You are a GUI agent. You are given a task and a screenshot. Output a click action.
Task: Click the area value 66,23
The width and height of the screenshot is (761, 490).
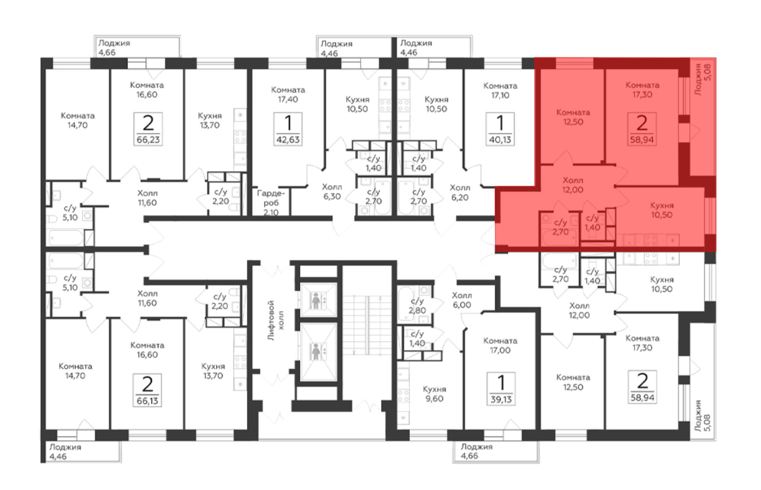[x=148, y=140]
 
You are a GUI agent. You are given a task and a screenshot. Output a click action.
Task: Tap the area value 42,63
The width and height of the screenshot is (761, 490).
[x=288, y=140]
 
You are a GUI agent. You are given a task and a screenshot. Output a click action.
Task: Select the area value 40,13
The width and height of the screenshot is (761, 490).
[x=500, y=140]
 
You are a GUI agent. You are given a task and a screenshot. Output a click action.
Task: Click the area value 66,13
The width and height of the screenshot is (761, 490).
[x=147, y=401]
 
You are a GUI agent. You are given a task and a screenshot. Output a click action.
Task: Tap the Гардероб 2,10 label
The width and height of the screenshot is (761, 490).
[x=271, y=203]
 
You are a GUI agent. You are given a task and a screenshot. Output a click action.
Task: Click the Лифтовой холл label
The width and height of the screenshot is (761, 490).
[x=275, y=320]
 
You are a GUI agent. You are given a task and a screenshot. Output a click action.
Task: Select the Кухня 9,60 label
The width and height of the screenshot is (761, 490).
[x=434, y=394]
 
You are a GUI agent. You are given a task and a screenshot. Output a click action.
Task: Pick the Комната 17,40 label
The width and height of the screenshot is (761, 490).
[x=288, y=95]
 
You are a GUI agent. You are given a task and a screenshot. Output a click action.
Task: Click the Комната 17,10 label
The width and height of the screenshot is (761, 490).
[x=500, y=91]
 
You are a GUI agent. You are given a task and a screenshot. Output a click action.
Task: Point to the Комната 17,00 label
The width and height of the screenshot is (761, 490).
[x=500, y=345]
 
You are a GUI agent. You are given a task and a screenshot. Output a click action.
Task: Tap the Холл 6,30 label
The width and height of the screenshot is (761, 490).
[x=332, y=192]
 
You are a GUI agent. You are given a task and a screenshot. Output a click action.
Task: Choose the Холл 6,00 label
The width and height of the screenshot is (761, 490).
[x=462, y=300]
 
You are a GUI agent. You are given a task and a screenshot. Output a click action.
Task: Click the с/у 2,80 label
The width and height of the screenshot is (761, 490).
[x=417, y=305]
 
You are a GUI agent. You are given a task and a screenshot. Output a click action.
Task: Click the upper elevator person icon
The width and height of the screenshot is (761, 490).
[x=316, y=301]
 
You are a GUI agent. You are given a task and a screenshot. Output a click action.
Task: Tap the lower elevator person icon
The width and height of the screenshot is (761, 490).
[x=316, y=352]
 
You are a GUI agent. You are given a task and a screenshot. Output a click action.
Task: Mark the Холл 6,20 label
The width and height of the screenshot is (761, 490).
[x=460, y=192]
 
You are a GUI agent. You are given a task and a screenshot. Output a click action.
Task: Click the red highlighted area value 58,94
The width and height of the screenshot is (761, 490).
[x=642, y=140]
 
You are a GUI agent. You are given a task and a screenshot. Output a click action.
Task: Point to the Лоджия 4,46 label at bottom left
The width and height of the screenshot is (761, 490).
[x=65, y=452]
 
